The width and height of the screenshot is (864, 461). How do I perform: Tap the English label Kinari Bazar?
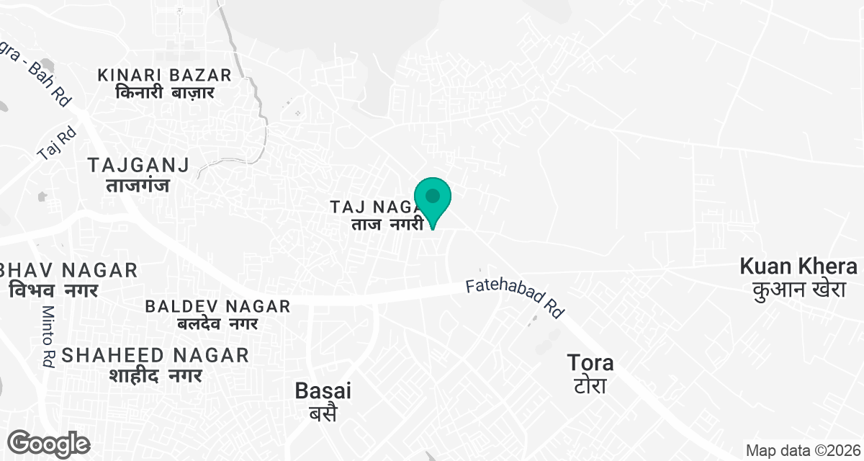165,75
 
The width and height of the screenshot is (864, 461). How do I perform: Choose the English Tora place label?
590,362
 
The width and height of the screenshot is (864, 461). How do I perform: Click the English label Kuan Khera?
798,267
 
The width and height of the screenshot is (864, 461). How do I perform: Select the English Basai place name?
323,391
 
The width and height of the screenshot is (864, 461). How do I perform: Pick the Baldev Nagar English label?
217,306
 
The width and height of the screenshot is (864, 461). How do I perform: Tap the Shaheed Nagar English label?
156,354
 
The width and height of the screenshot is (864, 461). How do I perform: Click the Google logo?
49,443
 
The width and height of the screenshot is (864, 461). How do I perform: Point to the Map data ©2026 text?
803,451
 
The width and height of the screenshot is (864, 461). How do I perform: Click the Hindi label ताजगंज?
138,186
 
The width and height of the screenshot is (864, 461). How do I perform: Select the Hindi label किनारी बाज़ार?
165,94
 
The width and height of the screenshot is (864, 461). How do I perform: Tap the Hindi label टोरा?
590,385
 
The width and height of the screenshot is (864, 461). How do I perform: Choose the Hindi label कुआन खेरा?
798,290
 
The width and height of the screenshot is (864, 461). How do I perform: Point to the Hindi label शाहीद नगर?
156,375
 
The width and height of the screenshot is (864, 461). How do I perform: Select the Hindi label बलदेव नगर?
217,324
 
